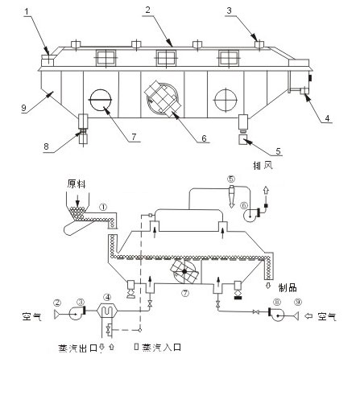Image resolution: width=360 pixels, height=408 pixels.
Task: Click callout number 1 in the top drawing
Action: click(x=27, y=11)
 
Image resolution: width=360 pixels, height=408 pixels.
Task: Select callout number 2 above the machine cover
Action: click(x=147, y=10)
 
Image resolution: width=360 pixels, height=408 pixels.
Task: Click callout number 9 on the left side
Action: click(x=24, y=108)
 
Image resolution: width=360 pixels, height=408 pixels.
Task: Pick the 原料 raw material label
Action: click(x=77, y=184)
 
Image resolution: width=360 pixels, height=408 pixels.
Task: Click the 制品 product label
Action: click(x=288, y=288)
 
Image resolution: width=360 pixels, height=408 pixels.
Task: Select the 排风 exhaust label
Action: click(x=263, y=165)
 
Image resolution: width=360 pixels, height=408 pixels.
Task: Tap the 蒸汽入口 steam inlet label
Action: click(x=162, y=348)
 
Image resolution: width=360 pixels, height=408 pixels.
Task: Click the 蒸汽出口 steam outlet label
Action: click(x=78, y=348)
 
